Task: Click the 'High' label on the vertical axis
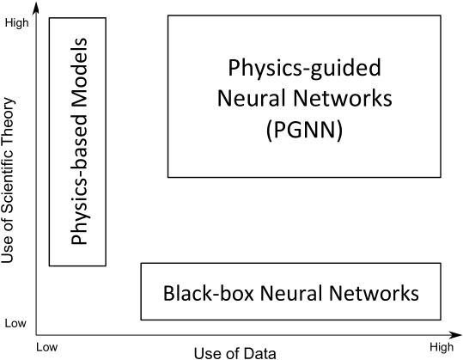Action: (17, 23)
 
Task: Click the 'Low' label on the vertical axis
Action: (15, 323)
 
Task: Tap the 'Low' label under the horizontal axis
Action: (47, 347)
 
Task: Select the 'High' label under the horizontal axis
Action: (442, 347)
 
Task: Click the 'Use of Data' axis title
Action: (235, 353)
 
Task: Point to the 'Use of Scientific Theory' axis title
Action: (8, 180)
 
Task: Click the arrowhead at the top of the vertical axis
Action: (36, 8)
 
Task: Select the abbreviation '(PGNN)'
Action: (304, 130)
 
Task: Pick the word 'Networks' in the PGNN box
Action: (343, 98)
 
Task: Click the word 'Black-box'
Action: (208, 293)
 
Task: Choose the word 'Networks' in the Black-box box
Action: (374, 293)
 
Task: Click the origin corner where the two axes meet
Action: (36, 335)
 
